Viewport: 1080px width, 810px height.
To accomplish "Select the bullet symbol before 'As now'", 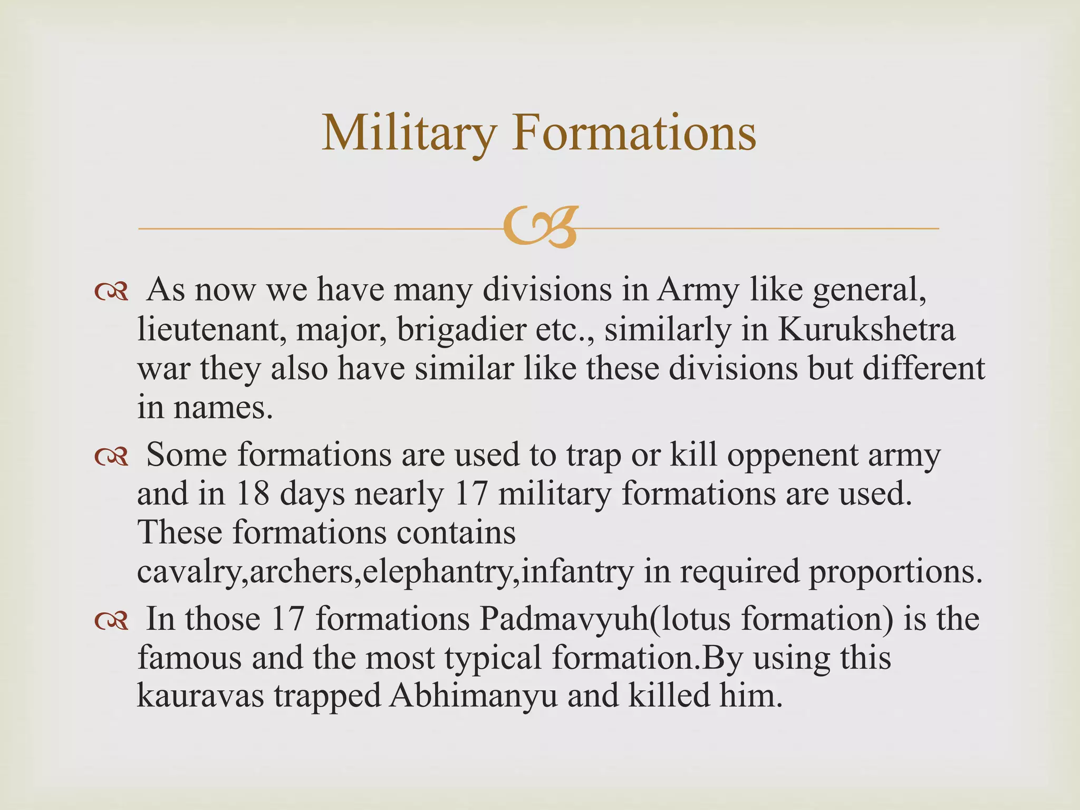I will pos(111,292).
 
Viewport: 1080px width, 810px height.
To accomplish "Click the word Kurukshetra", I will pos(866,329).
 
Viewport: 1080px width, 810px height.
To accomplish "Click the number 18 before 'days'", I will pos(253,494).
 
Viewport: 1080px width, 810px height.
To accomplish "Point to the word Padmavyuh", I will pos(564,619).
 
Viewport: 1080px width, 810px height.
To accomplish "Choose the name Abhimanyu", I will pos(473,696).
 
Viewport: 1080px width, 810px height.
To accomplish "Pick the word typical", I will pos(493,659).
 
